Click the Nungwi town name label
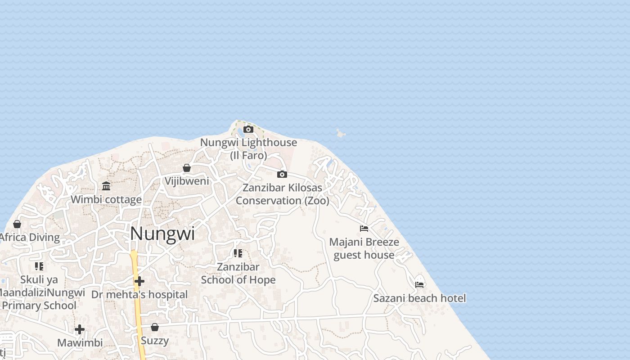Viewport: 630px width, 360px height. point(162,234)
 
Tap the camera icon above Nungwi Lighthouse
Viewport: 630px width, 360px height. point(248,130)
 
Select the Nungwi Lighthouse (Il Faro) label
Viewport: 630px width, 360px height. point(248,149)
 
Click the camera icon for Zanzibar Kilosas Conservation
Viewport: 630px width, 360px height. point(282,174)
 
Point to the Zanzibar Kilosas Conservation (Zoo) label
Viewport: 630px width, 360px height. point(282,194)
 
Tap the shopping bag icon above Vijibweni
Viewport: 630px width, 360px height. point(187,168)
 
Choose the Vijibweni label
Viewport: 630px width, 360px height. point(187,181)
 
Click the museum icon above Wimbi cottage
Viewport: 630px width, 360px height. point(106,186)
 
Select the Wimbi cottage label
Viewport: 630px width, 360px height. point(106,199)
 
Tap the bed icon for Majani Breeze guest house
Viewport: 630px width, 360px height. point(364,229)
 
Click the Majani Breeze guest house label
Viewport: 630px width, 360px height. point(364,248)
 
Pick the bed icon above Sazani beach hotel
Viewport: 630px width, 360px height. point(419,284)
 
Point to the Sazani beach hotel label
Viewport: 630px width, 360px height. point(419,298)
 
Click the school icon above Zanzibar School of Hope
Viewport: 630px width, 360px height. point(238,253)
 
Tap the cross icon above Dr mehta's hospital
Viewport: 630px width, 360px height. point(139,281)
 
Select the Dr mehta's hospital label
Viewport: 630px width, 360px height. point(139,295)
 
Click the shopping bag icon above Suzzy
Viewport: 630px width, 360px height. point(155,327)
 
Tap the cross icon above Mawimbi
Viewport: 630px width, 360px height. point(80,329)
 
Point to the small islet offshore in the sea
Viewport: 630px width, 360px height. point(340,133)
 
